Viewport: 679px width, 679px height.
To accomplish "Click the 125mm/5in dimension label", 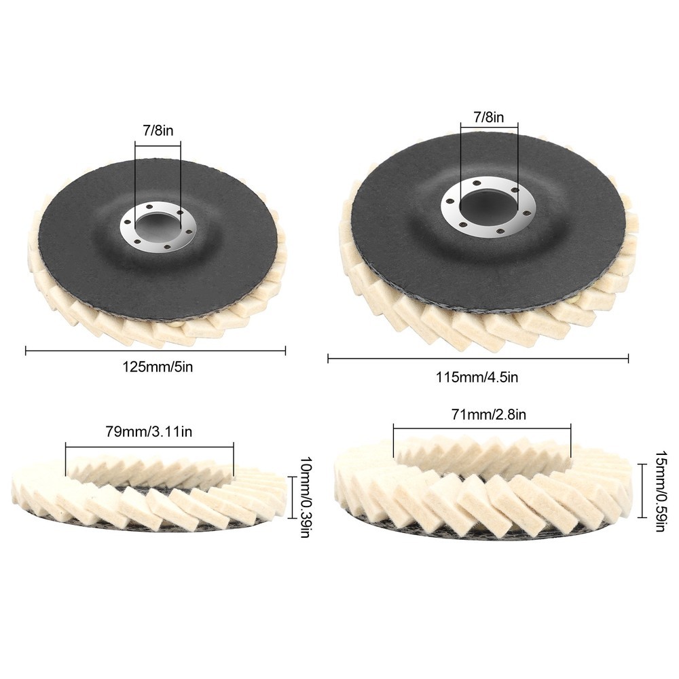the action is (x=158, y=367).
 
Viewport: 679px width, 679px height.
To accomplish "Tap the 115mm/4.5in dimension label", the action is (x=477, y=377).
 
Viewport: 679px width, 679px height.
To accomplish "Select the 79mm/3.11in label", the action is (x=149, y=431).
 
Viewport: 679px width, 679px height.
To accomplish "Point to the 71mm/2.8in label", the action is (x=489, y=414).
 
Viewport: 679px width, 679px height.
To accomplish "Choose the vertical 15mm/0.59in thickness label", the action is (x=661, y=492).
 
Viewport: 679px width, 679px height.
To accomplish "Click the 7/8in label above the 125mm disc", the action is (x=158, y=130).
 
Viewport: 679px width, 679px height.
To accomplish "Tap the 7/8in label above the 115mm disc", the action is (x=489, y=117).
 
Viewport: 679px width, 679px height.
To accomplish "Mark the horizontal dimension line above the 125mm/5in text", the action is (x=155, y=351).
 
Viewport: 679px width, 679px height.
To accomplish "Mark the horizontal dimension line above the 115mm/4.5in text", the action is (x=478, y=358).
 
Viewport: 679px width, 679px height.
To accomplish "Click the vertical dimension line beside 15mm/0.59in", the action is (x=642, y=490).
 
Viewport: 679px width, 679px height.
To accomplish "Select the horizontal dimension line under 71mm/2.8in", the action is (x=482, y=427).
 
